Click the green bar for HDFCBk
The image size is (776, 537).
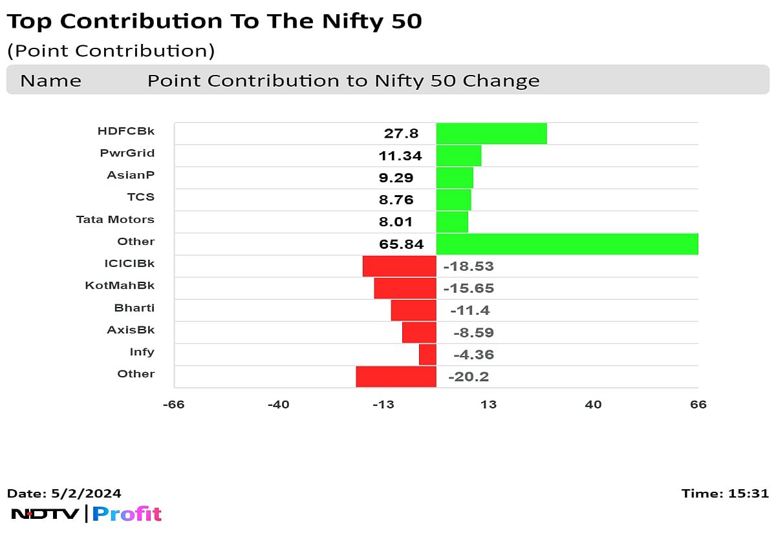click(491, 134)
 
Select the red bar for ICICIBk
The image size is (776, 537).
click(399, 266)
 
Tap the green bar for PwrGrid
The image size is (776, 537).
click(458, 156)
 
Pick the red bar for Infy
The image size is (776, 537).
click(427, 355)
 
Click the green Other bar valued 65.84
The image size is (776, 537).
click(567, 244)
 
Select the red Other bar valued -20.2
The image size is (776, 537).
click(396, 377)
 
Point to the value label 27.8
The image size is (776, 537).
click(401, 134)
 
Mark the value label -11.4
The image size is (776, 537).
click(469, 310)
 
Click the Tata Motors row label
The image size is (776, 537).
click(115, 219)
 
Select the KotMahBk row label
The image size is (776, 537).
click(120, 286)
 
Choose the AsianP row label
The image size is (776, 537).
click(131, 175)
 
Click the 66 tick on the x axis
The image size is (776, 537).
click(698, 405)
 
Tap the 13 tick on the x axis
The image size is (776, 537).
click(488, 405)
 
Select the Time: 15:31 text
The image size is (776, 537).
click(725, 494)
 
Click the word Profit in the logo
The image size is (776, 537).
click(127, 514)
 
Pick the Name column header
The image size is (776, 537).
click(50, 81)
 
